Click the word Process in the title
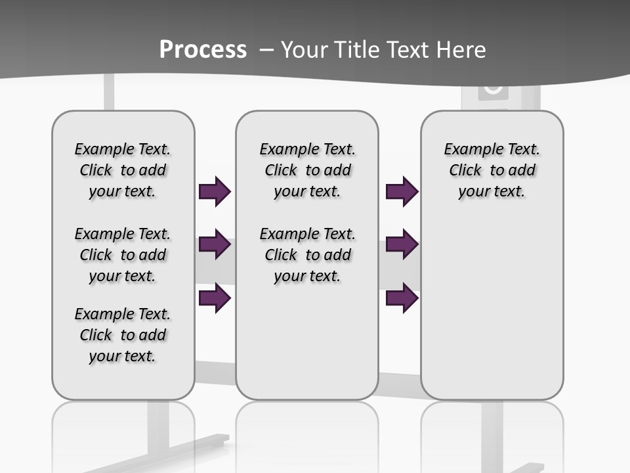point(203,50)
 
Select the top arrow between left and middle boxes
point(215,192)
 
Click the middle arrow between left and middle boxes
point(215,245)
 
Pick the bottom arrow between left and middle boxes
point(215,298)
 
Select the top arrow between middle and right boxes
point(402,192)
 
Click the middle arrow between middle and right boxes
point(402,245)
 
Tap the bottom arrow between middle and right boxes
point(402,298)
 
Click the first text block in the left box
point(123,170)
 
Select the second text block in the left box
point(123,255)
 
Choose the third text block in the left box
point(123,335)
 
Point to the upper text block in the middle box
point(308,170)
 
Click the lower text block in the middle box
point(308,255)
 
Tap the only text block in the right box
point(492,170)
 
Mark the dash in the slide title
point(266,50)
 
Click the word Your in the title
point(303,50)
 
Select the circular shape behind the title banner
point(493,87)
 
